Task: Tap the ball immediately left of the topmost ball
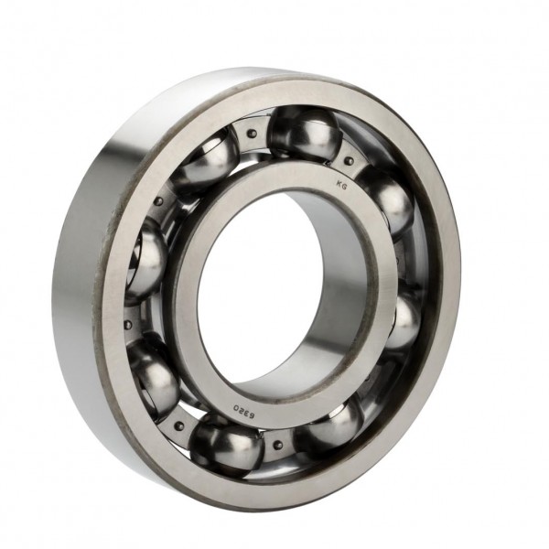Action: [x=205, y=159]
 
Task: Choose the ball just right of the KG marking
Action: [x=384, y=201]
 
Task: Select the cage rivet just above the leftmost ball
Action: [x=157, y=203]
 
